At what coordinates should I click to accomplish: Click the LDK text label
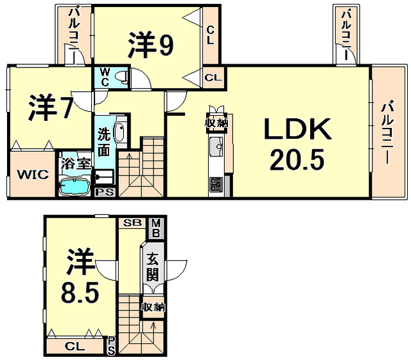coord(299,129)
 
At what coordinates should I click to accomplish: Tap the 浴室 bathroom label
coord(75,163)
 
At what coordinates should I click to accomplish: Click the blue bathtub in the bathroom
coord(75,187)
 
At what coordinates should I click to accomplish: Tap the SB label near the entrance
coord(132,224)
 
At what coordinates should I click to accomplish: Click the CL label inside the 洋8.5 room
coord(74,346)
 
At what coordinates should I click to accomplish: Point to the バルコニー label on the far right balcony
coord(388,134)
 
